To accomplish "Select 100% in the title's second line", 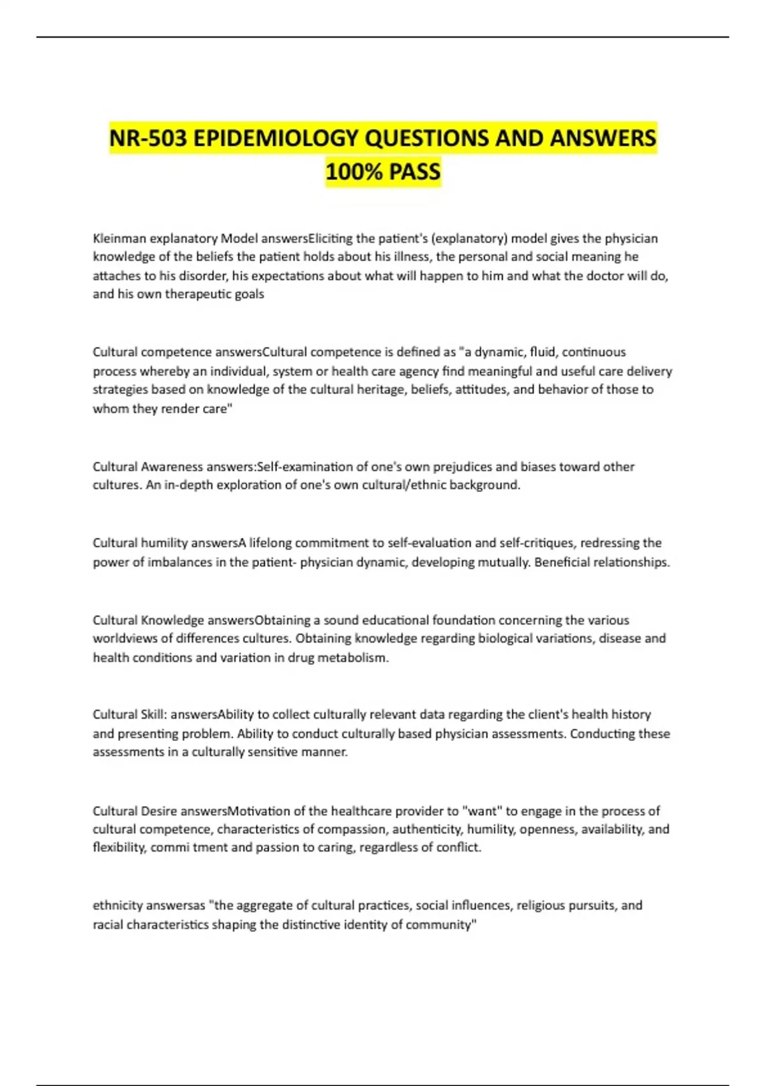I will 350,171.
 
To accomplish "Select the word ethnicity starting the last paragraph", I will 117,906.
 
